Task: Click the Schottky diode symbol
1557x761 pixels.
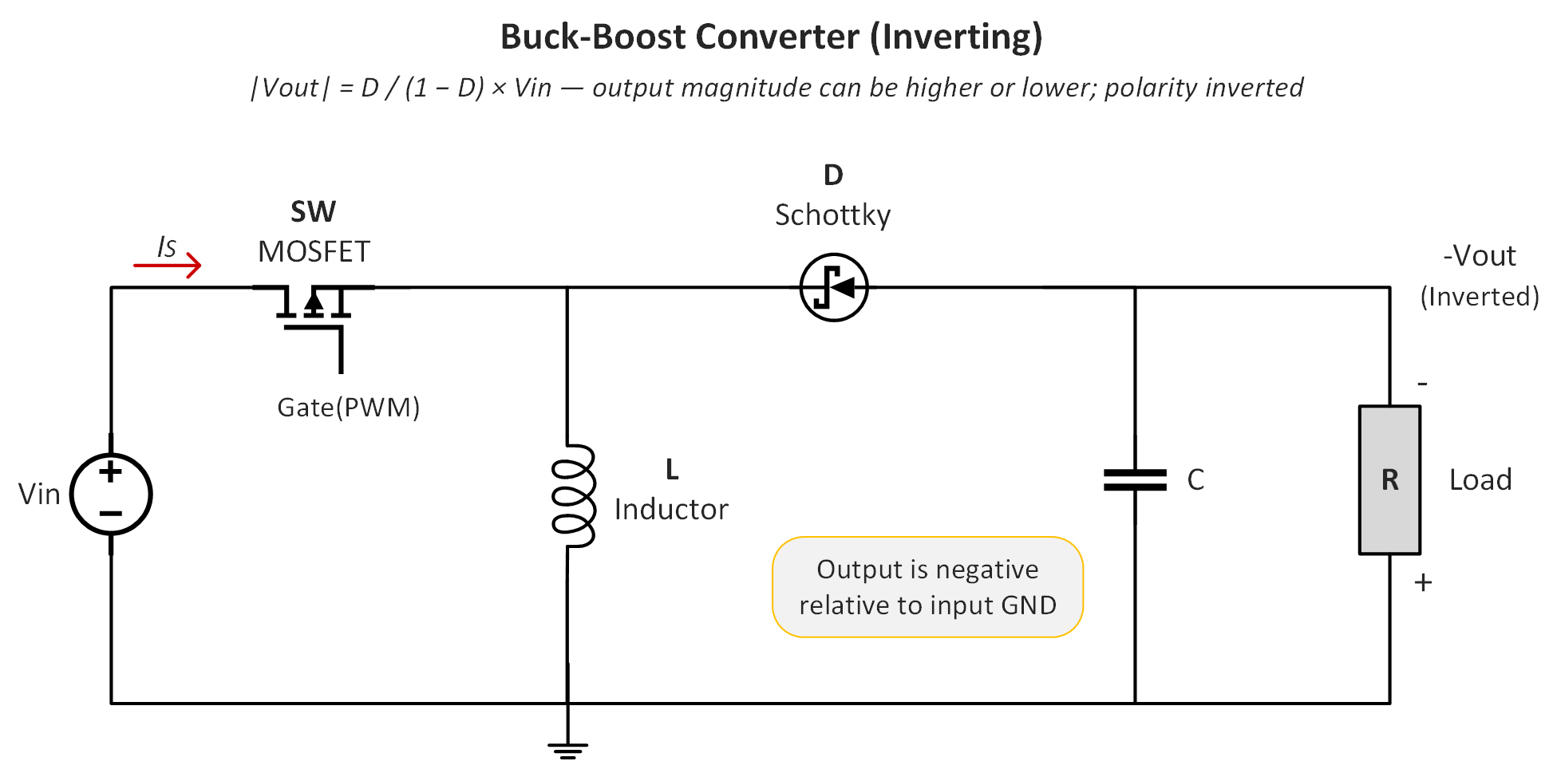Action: tap(833, 287)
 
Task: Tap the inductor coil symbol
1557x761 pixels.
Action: tap(573, 495)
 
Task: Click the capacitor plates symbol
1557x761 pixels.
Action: tap(1135, 479)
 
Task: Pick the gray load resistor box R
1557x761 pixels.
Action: tap(1389, 479)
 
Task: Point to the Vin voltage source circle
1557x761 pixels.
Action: tap(111, 494)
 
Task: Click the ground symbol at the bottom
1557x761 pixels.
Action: tap(567, 749)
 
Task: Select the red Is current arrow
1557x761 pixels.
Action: tap(168, 264)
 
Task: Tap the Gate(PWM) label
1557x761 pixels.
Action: tap(348, 408)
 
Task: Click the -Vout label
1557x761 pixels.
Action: tap(1479, 256)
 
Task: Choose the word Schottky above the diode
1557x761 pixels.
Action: tap(832, 215)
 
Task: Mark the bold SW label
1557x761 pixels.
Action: tap(313, 212)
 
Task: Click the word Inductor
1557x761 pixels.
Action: tap(671, 510)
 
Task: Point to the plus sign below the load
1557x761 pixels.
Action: tap(1423, 583)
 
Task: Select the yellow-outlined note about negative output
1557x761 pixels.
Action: tap(927, 587)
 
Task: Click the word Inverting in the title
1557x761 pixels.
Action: tap(956, 37)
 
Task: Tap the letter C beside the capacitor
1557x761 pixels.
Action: tap(1195, 480)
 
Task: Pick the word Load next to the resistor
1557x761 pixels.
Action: tap(1480, 480)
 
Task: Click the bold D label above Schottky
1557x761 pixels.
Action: tap(833, 175)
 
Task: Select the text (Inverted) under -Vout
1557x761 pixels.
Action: tap(1479, 297)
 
